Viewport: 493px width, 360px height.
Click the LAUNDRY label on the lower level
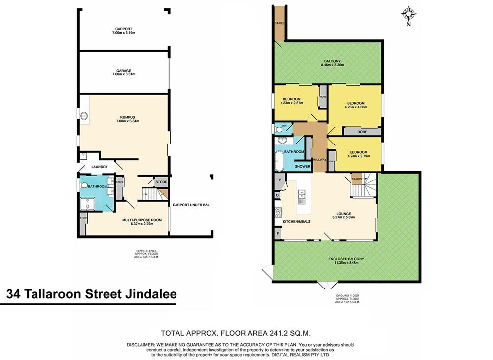pos(99,167)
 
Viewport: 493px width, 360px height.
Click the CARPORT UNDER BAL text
pos(191,204)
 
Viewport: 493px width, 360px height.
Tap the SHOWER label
pos(303,167)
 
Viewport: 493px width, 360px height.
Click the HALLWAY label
pos(319,159)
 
